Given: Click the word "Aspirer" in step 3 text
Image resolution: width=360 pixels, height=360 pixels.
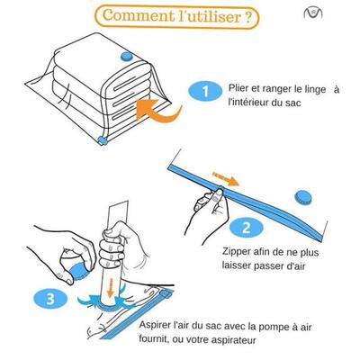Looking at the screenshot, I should (157, 323).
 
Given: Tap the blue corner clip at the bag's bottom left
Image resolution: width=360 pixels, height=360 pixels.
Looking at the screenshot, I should (101, 139).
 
